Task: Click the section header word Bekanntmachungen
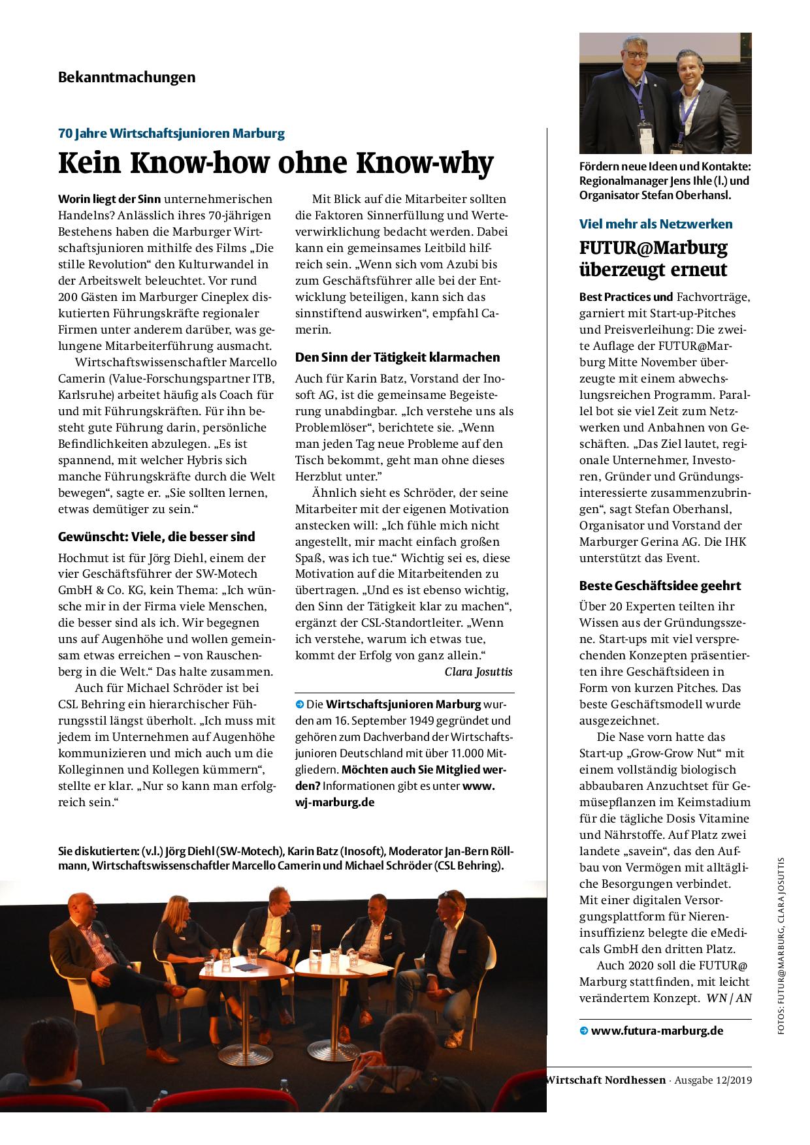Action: click(x=127, y=77)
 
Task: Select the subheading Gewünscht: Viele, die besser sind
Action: click(x=157, y=537)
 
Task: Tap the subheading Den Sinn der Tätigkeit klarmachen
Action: click(x=397, y=357)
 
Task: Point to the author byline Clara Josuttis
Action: click(x=478, y=672)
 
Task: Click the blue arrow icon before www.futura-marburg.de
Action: click(x=583, y=1031)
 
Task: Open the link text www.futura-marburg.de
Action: click(x=656, y=1031)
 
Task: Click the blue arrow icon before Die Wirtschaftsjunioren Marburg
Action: click(x=299, y=704)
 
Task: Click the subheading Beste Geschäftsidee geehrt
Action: click(x=660, y=586)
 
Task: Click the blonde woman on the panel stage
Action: click(x=175, y=927)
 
